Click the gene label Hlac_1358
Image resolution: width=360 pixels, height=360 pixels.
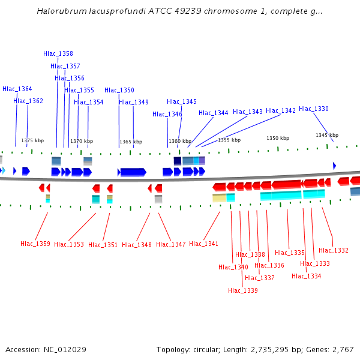click(x=58, y=54)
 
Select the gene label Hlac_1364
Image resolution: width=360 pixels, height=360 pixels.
click(x=17, y=89)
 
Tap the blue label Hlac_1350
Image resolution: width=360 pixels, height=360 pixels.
click(x=119, y=91)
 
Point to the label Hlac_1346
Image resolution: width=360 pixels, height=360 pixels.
click(x=167, y=115)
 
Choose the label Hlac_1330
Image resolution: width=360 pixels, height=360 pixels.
click(x=314, y=109)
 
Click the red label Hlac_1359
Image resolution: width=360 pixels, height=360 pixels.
click(x=35, y=244)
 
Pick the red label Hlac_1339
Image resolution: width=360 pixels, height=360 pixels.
click(x=243, y=291)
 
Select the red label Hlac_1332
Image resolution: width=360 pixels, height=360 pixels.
click(x=334, y=251)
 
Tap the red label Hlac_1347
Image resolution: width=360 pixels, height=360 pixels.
click(x=171, y=245)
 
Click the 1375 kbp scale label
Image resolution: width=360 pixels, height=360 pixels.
click(x=32, y=140)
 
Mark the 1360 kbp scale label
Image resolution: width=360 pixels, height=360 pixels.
click(x=180, y=142)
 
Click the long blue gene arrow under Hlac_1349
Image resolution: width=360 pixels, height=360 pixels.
click(x=133, y=172)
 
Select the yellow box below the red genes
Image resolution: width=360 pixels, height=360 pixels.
click(x=219, y=197)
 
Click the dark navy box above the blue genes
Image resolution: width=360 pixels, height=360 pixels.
click(x=178, y=161)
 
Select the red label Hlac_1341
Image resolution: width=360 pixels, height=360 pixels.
click(x=204, y=244)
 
